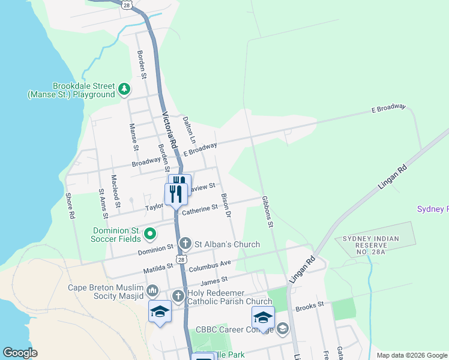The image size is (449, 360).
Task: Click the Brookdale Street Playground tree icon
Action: [x=124, y=89]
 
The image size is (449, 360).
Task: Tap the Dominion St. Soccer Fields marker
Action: [x=149, y=233]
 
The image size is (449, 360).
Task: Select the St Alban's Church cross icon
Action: [x=185, y=244]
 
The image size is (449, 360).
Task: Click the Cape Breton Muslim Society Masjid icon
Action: [x=152, y=292]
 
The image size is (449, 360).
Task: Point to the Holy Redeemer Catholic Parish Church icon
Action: [x=178, y=296]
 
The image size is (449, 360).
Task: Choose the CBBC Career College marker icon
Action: [x=283, y=329]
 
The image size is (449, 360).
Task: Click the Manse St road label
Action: [x=134, y=137]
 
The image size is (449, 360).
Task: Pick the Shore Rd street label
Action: [x=71, y=206]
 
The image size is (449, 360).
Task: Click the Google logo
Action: [x=20, y=353]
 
